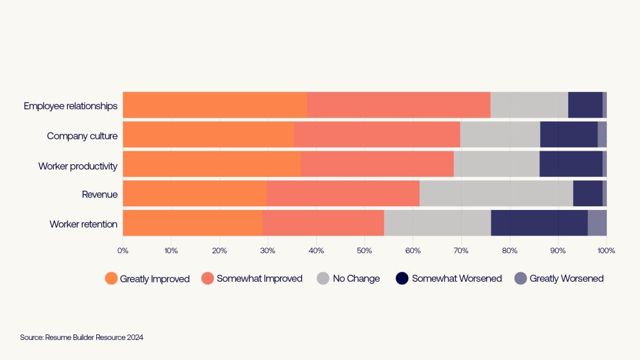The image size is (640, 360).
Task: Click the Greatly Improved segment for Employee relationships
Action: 214,105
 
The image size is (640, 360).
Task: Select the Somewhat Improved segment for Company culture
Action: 377,134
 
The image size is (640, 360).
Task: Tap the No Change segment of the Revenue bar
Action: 496,194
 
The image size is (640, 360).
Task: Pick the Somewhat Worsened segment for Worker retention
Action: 539,223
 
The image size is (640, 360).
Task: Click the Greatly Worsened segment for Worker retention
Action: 597,223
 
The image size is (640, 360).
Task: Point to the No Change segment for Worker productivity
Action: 496,164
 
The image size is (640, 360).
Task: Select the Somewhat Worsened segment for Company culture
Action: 569,134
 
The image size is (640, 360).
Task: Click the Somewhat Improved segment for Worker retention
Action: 323,223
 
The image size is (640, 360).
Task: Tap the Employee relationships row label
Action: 71,106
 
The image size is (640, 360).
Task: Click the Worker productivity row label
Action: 77,166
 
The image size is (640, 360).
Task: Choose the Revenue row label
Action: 99,194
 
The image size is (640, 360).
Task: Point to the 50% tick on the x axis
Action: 364,251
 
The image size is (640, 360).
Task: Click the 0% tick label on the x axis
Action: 123,251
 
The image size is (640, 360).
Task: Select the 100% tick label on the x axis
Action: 606,251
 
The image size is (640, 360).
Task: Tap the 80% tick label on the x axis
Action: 509,251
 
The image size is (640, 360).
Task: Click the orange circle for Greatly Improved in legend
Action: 111,279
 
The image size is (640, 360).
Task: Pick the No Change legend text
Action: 356,279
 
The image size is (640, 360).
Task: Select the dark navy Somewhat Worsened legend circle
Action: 403,279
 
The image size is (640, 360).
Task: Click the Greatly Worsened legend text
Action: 566,279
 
